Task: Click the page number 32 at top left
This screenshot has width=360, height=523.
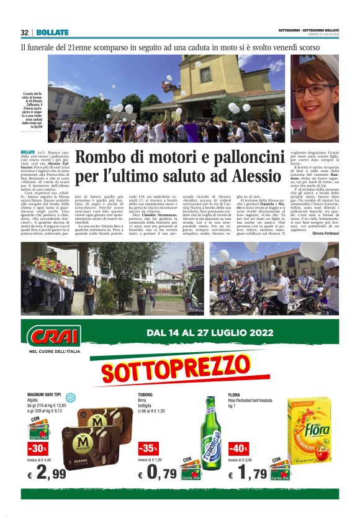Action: [x=25, y=32]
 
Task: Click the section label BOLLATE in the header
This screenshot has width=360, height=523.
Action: [x=50, y=32]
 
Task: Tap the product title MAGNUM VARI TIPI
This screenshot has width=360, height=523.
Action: [x=44, y=395]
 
